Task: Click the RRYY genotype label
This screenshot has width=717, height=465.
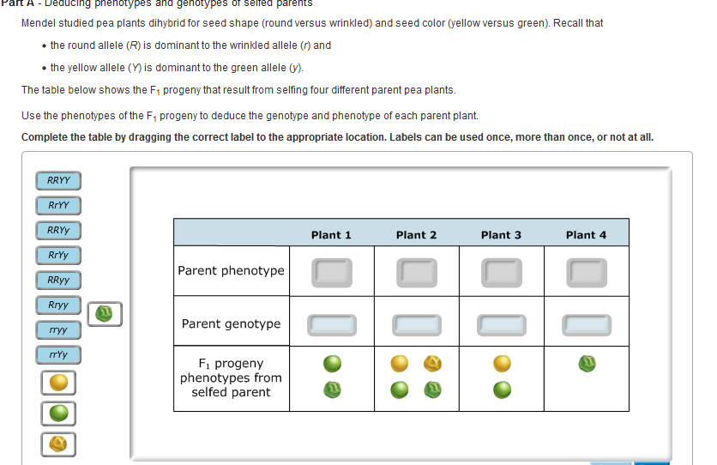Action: click(58, 180)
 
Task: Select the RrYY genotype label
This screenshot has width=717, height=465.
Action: click(58, 205)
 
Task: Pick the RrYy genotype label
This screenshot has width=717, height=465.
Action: click(58, 255)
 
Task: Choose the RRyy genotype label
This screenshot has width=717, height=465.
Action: click(58, 280)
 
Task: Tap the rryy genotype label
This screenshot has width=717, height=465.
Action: click(58, 329)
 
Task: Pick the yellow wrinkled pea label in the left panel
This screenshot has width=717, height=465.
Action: click(58, 444)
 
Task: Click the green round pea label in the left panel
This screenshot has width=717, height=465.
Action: click(58, 413)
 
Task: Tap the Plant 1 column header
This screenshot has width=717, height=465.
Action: click(331, 234)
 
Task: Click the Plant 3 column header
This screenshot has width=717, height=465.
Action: click(501, 234)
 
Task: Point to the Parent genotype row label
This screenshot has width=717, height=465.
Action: click(231, 323)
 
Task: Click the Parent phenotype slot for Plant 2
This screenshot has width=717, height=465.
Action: click(416, 272)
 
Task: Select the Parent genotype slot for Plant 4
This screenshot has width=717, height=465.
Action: click(586, 324)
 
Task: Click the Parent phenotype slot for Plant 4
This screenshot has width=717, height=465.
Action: click(586, 272)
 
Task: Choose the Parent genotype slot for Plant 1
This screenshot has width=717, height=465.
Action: click(331, 324)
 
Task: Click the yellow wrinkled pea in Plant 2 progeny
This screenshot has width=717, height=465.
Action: click(433, 364)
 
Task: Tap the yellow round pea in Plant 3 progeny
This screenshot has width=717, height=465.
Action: click(502, 364)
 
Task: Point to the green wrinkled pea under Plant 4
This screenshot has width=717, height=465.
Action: click(587, 365)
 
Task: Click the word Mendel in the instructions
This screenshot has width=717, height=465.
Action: click(41, 22)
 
